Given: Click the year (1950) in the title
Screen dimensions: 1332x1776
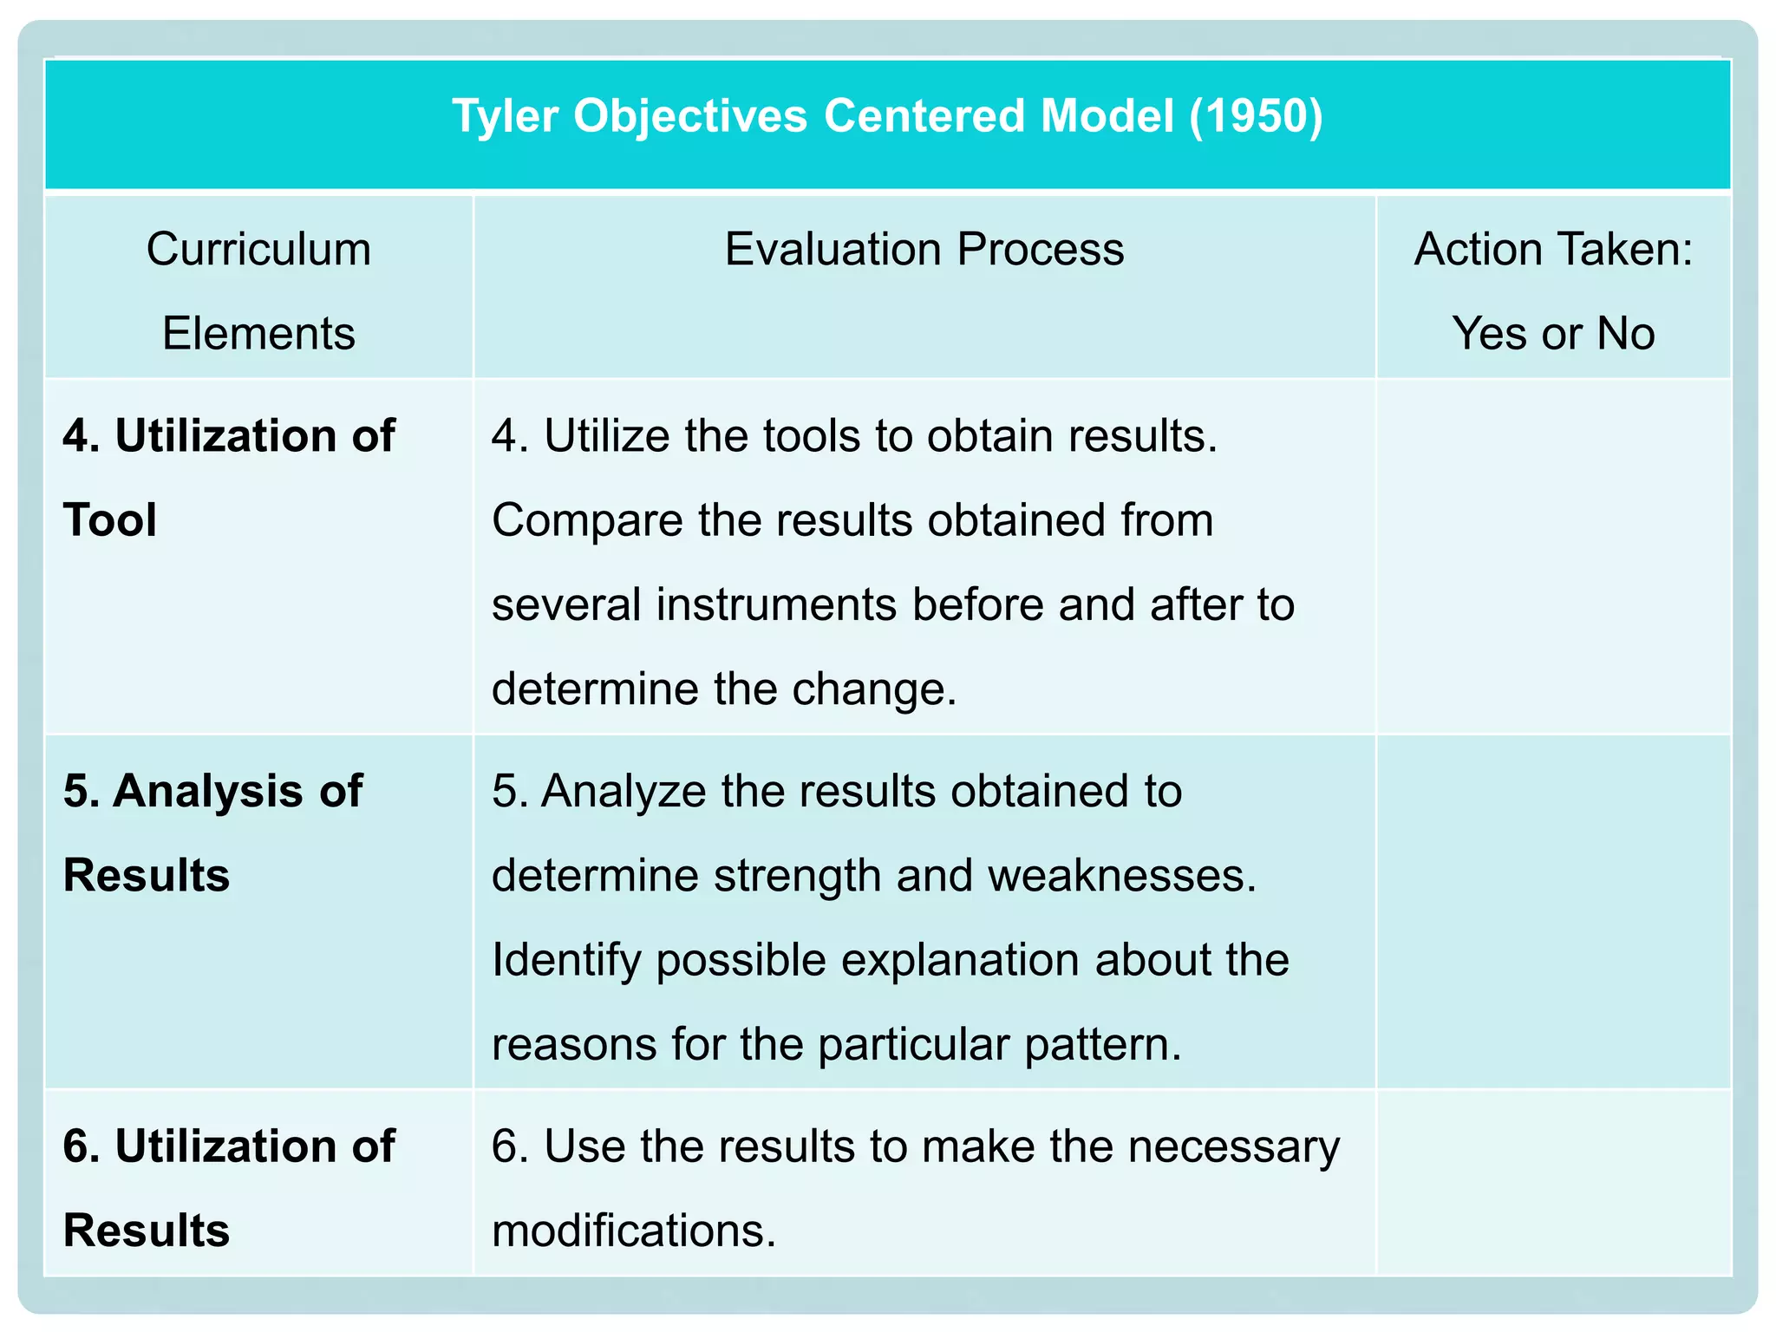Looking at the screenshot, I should tap(1256, 115).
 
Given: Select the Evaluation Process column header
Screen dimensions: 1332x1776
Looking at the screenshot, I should tap(924, 250).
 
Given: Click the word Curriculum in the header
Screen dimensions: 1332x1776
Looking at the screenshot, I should tap(258, 250).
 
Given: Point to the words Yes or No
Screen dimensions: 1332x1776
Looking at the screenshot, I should tap(1553, 334).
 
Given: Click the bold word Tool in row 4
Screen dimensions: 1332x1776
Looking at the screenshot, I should tap(110, 520).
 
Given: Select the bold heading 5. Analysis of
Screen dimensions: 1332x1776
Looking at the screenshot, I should tap(212, 791).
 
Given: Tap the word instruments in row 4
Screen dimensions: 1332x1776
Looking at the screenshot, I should tap(776, 604).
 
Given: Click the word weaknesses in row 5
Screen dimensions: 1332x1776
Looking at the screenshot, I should tap(1121, 875).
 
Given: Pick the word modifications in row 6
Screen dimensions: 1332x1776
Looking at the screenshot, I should tap(633, 1231).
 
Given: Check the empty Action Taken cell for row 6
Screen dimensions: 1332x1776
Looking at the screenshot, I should tap(1553, 1184).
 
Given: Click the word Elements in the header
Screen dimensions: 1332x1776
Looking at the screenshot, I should tap(258, 334).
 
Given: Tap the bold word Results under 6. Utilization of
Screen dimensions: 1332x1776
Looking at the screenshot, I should tap(147, 1231).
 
